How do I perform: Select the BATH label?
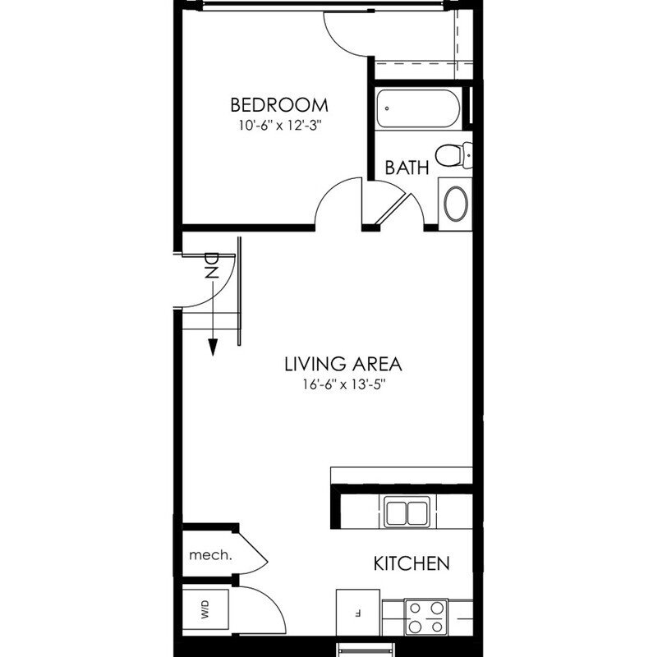(407, 168)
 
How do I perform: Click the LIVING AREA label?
(343, 363)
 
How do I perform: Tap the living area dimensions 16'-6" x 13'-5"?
(343, 384)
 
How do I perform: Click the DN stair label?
(211, 265)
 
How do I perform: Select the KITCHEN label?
(412, 564)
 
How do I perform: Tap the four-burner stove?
(426, 618)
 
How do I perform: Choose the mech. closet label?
(210, 554)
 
